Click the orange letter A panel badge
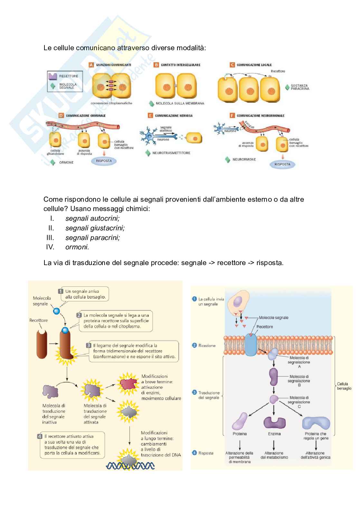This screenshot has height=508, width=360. pyautogui.click(x=91, y=65)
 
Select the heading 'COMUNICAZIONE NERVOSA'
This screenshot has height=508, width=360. pyautogui.click(x=174, y=115)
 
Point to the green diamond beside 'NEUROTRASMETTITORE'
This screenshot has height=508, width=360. pyautogui.click(x=148, y=153)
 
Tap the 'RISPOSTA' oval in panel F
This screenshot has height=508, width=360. pyautogui.click(x=282, y=164)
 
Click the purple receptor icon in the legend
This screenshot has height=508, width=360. pyautogui.click(x=52, y=77)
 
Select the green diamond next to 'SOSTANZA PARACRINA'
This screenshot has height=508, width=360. pyautogui.click(x=287, y=87)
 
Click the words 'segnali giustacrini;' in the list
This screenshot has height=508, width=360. pyautogui.click(x=95, y=228)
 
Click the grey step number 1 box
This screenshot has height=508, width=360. pyautogui.click(x=60, y=291)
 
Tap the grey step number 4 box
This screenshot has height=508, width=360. pyautogui.click(x=40, y=437)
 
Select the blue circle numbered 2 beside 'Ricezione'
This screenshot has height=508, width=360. pyautogui.click(x=194, y=346)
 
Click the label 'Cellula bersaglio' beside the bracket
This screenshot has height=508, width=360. pyautogui.click(x=344, y=386)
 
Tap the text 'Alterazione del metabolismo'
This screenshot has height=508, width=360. pyautogui.click(x=274, y=455)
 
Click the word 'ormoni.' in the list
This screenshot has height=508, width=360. pyautogui.click(x=77, y=247)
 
